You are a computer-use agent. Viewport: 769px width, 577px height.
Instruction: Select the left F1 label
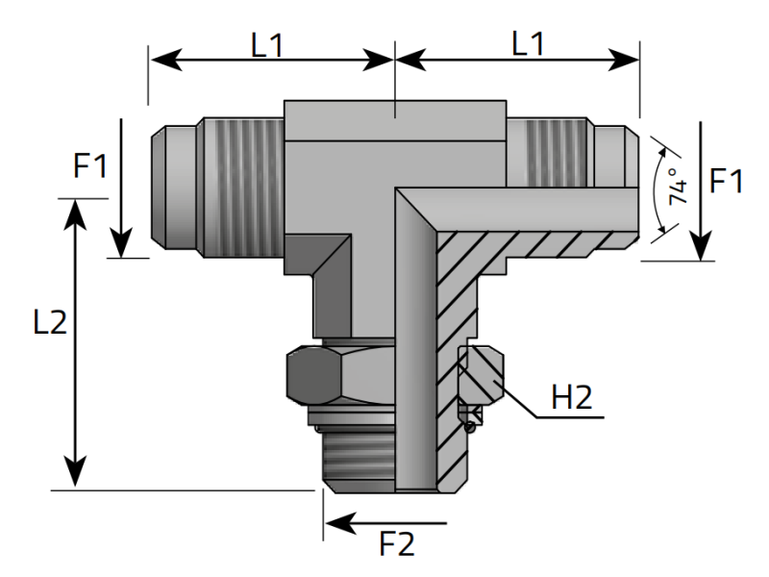pos(91,166)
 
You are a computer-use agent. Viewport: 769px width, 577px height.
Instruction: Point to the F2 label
pos(395,544)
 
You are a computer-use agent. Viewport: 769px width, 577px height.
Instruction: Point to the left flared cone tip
pos(173,186)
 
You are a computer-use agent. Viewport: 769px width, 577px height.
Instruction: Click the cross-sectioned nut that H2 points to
pos(478,377)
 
